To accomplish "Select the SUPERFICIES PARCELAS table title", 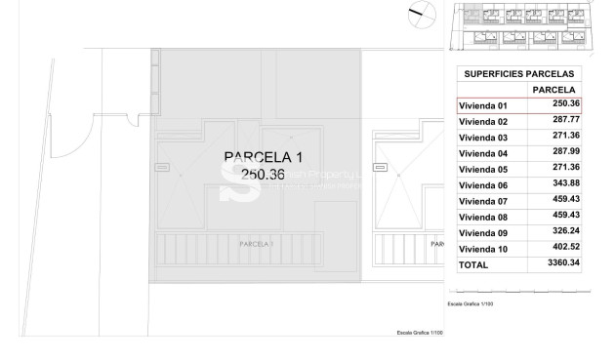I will tap(518, 74).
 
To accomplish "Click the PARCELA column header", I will tap(553, 90).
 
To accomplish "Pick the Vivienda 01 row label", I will tap(483, 105).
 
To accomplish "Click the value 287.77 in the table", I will tap(566, 121).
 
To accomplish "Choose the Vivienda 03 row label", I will tap(483, 138).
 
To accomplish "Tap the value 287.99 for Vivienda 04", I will tap(566, 153).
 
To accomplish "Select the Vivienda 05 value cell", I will tap(566, 169).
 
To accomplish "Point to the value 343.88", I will tap(566, 185).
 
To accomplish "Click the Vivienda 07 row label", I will tap(483, 201).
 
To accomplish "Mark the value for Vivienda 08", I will tap(566, 217).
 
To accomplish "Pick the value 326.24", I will tap(566, 233).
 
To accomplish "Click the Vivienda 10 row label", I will tap(483, 249).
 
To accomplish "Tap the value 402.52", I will tap(566, 249).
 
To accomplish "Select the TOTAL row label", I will tap(473, 264).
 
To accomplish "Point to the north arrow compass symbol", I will tap(421, 14).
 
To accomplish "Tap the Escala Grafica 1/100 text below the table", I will tap(471, 304).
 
